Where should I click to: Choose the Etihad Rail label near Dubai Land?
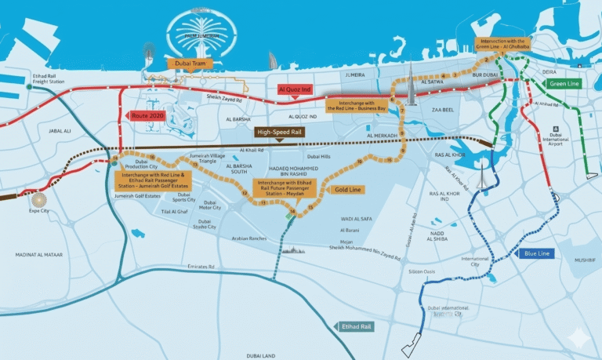(x=358, y=325)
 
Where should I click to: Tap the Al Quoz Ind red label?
(x=296, y=90)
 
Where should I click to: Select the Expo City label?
(x=39, y=211)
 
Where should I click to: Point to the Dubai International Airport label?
(x=557, y=137)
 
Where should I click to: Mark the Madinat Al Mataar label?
(x=38, y=255)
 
